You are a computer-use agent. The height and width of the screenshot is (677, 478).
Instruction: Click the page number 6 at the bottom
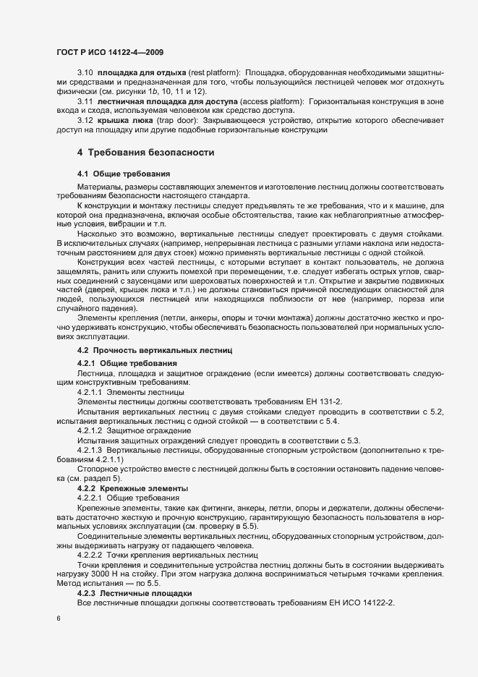(x=58, y=619)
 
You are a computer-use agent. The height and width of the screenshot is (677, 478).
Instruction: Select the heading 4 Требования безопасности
(x=145, y=153)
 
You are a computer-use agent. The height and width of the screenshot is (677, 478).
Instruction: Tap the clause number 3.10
(x=85, y=74)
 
